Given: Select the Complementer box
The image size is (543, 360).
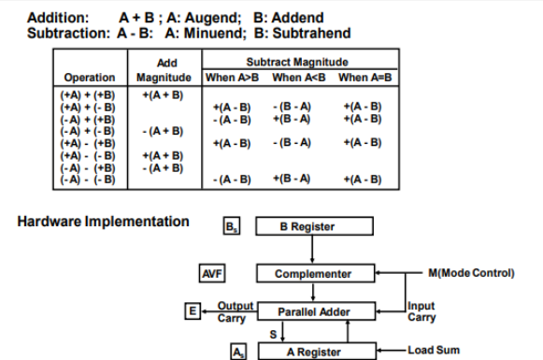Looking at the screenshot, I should coord(312,273).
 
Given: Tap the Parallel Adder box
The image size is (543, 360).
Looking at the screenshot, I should coord(312,310).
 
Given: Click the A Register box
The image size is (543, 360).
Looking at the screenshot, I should coord(312,351).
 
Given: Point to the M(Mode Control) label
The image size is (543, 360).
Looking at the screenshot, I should coord(471,273).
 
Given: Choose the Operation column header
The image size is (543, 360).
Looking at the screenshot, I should coord(90,77).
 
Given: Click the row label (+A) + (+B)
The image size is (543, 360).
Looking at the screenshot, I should coord(89,95).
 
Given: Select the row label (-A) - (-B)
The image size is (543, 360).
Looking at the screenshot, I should coord(89,179).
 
